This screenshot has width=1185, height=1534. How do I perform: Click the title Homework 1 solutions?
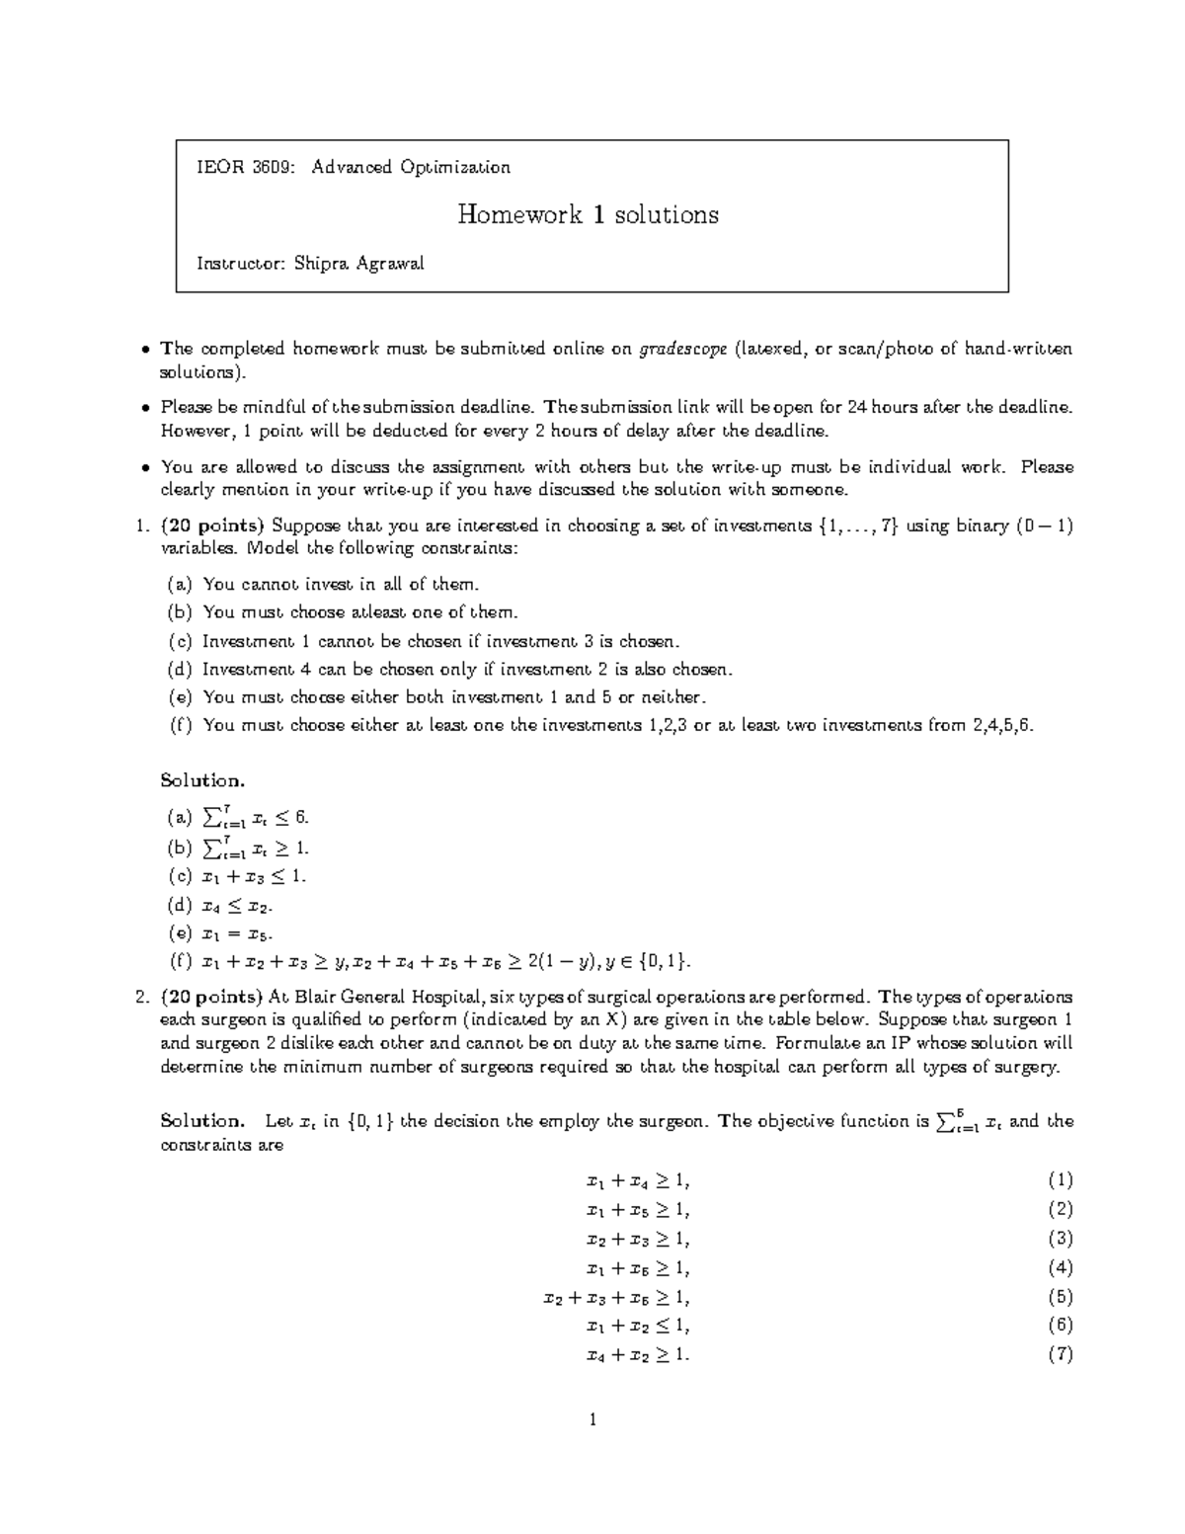coord(588,214)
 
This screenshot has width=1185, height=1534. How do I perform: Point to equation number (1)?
coord(1060,1180)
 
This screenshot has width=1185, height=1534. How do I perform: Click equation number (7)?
coord(1060,1354)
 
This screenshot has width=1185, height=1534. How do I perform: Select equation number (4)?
coord(1060,1267)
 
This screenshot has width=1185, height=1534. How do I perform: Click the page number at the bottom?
coord(592,1421)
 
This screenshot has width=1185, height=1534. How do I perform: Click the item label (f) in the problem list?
coord(180,725)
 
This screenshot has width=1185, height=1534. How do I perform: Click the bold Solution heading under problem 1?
coord(201,780)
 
